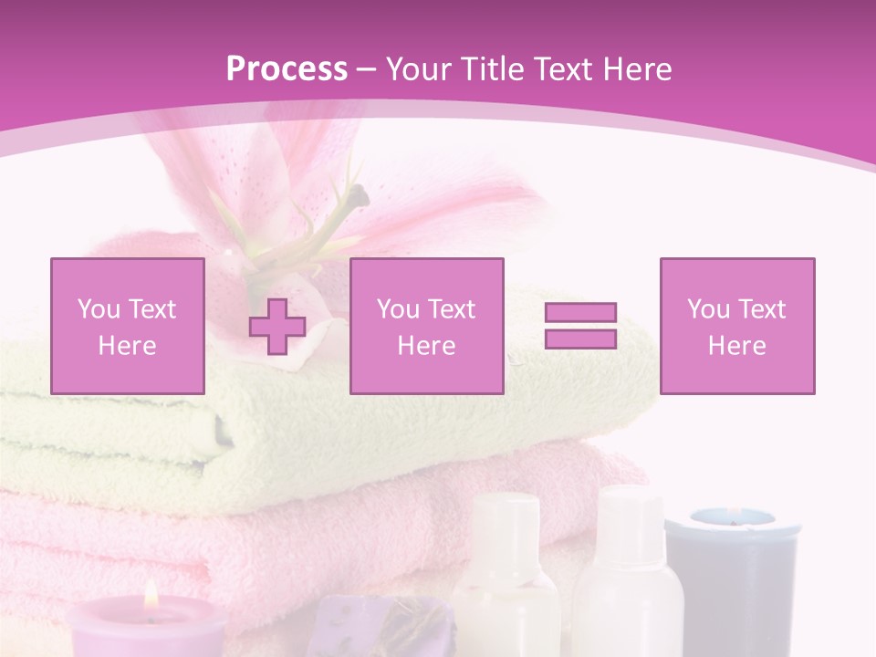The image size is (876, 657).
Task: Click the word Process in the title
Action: point(287,68)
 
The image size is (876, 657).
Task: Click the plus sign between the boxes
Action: point(277,327)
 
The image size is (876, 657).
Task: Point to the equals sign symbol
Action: point(580,326)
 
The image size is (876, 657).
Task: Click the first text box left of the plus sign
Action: point(128,326)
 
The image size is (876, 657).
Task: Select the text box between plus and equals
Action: point(426,326)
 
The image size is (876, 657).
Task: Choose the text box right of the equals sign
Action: point(736,326)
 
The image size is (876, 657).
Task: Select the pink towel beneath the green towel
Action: point(274,538)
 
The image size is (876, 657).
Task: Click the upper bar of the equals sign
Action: point(580,313)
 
